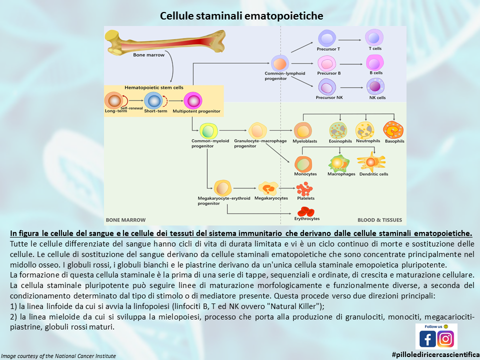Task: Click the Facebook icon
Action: (x=427, y=339)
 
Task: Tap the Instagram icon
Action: (x=445, y=339)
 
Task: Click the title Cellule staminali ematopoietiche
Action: (x=241, y=16)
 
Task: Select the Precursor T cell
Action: (x=328, y=38)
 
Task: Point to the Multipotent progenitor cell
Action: (x=192, y=100)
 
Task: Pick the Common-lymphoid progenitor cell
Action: (x=280, y=64)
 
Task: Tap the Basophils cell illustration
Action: (x=393, y=130)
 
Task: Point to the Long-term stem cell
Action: (x=115, y=100)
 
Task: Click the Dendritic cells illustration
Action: (x=372, y=162)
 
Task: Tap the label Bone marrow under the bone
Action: (x=148, y=55)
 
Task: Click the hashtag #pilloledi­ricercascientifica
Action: (x=435, y=354)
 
